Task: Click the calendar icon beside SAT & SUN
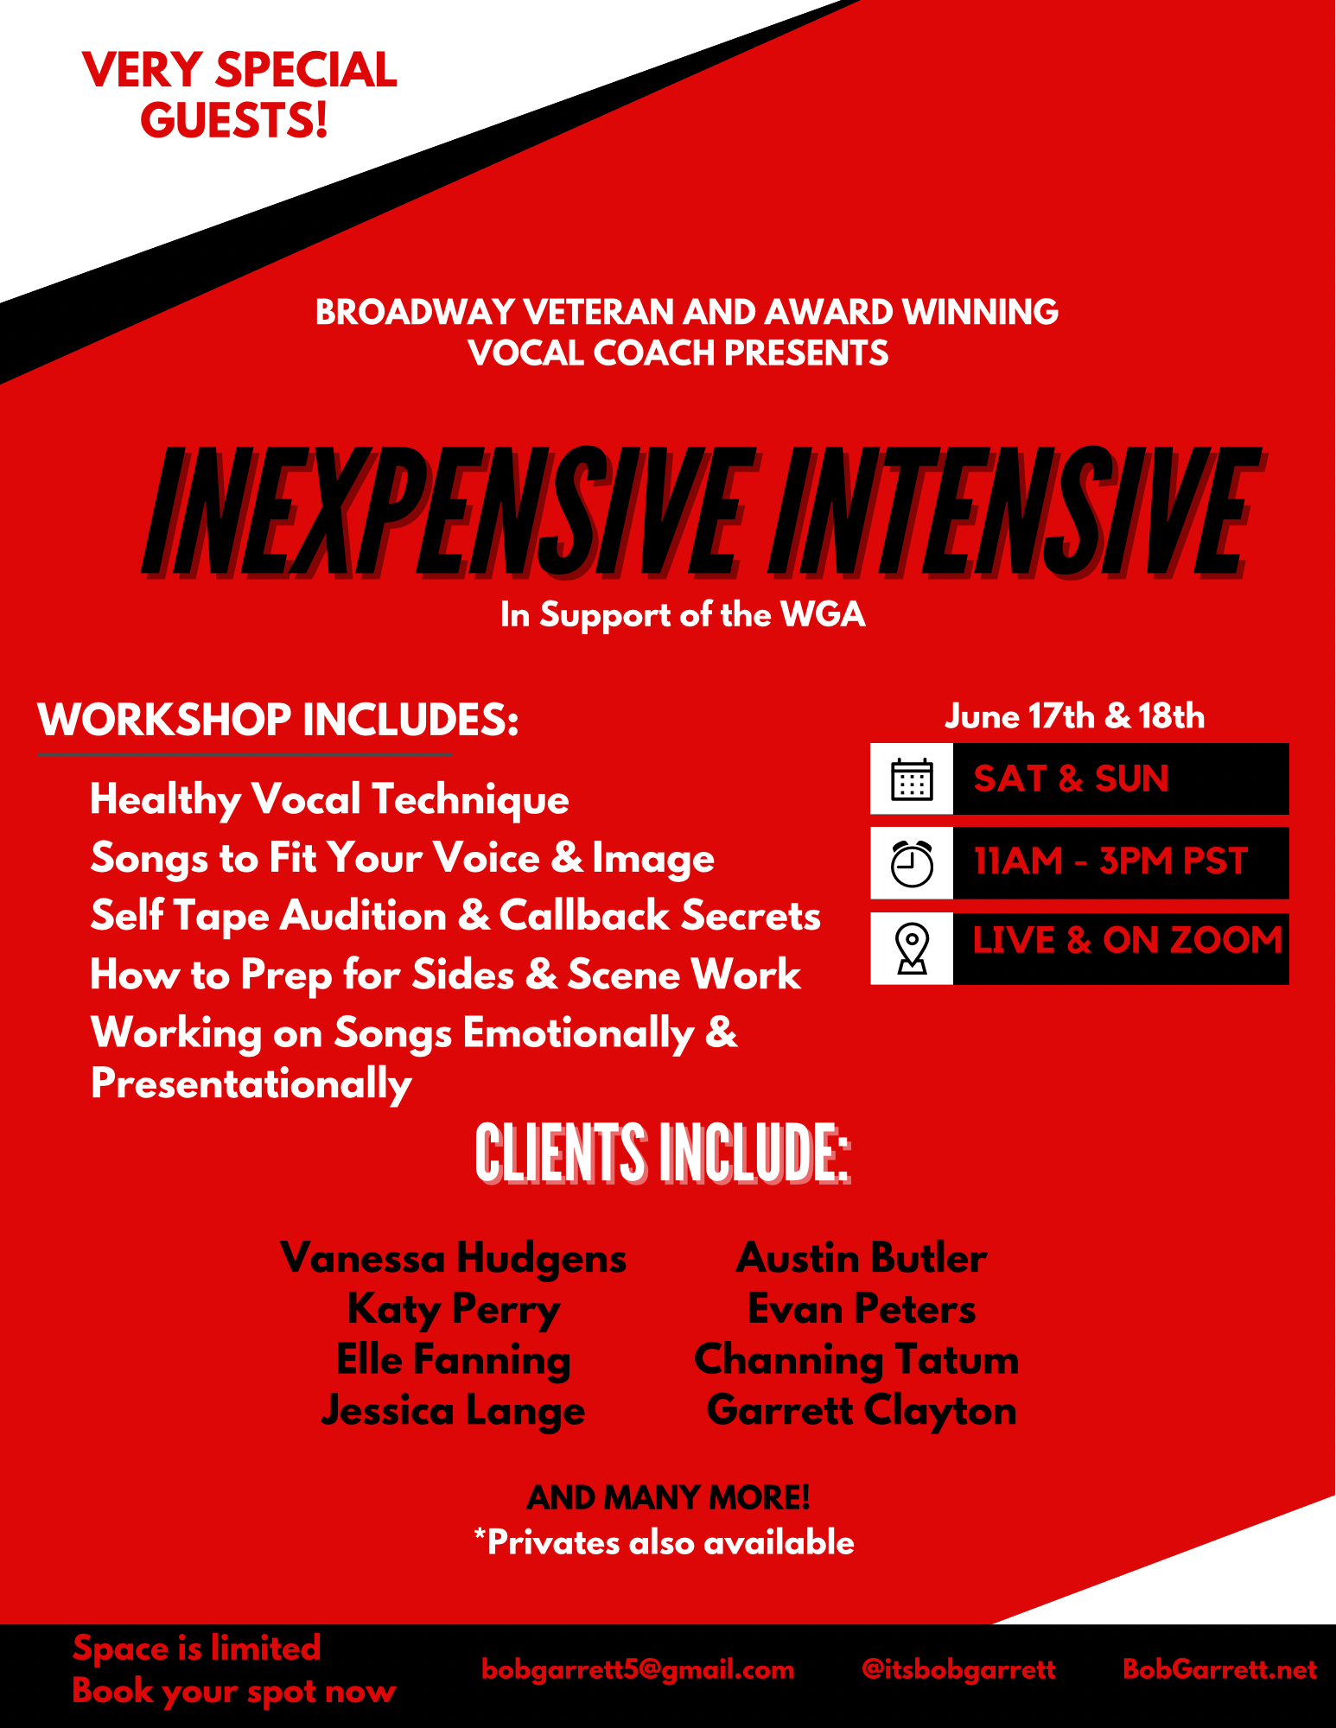point(912,779)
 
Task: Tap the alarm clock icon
point(912,863)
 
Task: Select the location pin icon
point(912,948)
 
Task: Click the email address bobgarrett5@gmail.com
point(638,1670)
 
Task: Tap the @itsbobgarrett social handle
point(958,1669)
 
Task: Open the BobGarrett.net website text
point(1219,1669)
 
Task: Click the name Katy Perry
point(454,1310)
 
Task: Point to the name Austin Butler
point(862,1258)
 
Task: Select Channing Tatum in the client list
point(856,1360)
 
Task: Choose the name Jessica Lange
point(453,1412)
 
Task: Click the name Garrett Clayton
point(862,1411)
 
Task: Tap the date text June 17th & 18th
point(1074,716)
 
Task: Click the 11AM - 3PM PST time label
point(1110,861)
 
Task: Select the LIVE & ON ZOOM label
point(1127,940)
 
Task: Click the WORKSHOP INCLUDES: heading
point(278,720)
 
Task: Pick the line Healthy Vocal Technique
point(329,800)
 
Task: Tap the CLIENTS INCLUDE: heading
point(663,1154)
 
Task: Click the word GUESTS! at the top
point(234,119)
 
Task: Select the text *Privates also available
point(664,1543)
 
